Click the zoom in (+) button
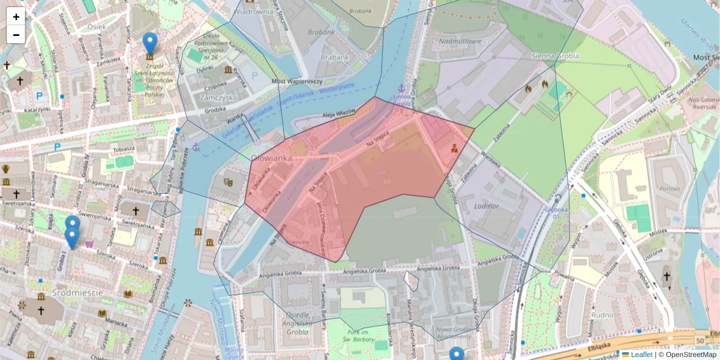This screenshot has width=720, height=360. pyautogui.click(x=16, y=17)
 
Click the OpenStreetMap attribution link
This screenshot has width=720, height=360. pyautogui.click(x=691, y=355)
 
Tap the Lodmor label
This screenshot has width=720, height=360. pyautogui.click(x=486, y=206)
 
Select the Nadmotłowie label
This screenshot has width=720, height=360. pyautogui.click(x=460, y=41)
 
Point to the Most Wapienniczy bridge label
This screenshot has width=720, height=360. pyautogui.click(x=297, y=81)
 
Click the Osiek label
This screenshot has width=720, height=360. pyautogui.click(x=96, y=26)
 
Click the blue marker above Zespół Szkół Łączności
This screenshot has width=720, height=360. pyautogui.click(x=150, y=43)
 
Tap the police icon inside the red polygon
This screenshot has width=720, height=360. pyautogui.click(x=455, y=147)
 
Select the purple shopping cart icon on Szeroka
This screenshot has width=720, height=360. pyautogui.click(x=89, y=244)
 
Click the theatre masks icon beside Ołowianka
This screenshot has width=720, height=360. pyautogui.click(x=228, y=181)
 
